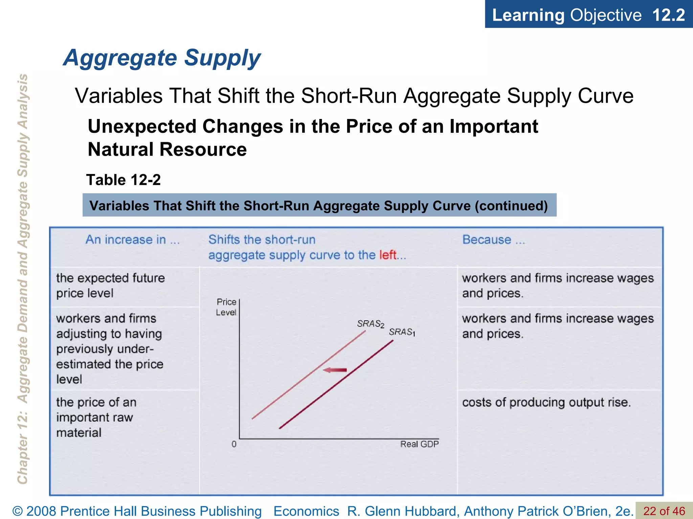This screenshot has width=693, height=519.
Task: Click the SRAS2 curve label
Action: point(371,324)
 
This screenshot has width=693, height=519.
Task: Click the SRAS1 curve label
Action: point(402,332)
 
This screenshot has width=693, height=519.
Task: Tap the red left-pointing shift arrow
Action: point(335,370)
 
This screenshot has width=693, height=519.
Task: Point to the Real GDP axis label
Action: point(419,444)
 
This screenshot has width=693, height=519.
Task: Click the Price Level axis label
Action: point(226,307)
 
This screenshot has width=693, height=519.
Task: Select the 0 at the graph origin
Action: point(234,444)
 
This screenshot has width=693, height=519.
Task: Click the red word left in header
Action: point(387,255)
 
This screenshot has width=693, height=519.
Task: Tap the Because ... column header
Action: point(493,240)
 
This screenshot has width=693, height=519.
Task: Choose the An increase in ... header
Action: point(132,240)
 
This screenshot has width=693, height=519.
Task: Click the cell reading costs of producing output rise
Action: point(546,402)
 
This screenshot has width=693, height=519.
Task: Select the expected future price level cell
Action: point(110,286)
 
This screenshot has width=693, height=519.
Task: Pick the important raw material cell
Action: point(96,417)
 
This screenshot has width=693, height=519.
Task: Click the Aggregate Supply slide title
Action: point(162,58)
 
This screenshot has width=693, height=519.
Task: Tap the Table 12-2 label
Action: point(124,180)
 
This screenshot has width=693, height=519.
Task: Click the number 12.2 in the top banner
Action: point(668,15)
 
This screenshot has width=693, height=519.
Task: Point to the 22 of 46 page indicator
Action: point(664,511)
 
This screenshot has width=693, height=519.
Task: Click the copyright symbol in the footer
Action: point(18,511)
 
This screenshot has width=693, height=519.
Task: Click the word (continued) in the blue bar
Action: point(511,205)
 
